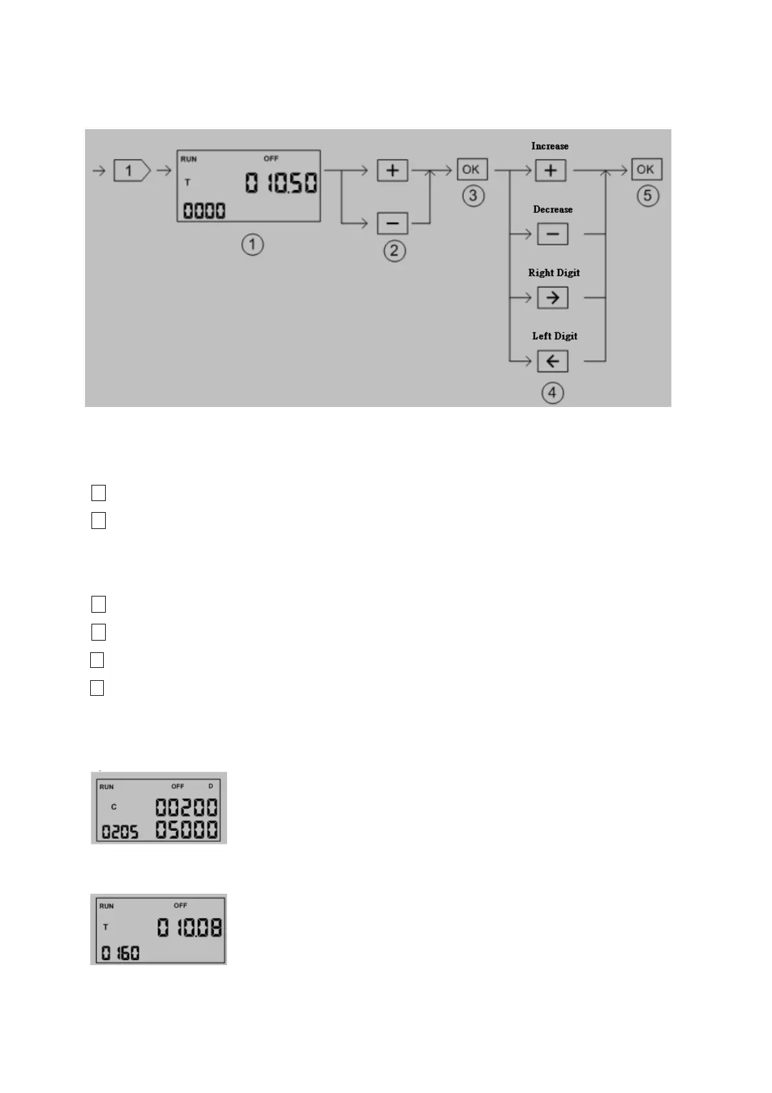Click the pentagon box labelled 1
point(131,171)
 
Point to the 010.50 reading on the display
point(281,183)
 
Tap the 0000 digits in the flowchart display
point(204,210)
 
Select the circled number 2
point(394,251)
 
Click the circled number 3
point(473,195)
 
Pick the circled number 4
point(552,393)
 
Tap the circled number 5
point(647,195)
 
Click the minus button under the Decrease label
point(552,234)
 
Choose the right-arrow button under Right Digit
point(552,297)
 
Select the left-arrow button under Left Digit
point(552,361)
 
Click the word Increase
point(549,146)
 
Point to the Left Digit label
point(555,336)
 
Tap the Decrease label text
point(553,209)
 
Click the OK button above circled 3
point(472,169)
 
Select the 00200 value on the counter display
point(186,807)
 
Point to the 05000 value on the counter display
point(186,829)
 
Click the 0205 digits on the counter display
point(120,831)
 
